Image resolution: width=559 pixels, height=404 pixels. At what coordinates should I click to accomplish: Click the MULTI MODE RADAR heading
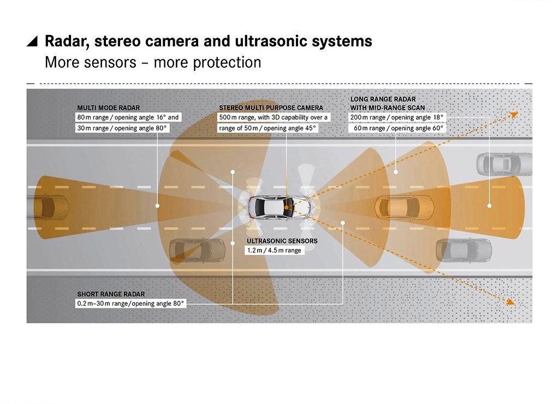click(109, 108)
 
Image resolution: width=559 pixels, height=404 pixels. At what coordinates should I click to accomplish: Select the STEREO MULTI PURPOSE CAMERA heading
click(271, 108)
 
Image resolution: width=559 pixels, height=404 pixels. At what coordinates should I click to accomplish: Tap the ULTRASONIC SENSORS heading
click(282, 241)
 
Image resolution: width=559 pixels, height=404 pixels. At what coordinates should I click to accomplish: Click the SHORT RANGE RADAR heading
click(111, 294)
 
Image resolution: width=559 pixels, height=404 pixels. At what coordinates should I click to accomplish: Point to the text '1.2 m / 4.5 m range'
click(274, 250)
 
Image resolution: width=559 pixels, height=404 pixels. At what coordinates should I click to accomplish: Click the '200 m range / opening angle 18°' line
click(397, 117)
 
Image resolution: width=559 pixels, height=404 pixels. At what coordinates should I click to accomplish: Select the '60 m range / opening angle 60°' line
click(399, 128)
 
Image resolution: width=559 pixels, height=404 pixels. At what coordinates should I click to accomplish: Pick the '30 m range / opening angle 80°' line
click(122, 128)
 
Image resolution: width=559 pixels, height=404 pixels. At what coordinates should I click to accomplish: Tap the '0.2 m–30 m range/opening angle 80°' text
click(130, 304)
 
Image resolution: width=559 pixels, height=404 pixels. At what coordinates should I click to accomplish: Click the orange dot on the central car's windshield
click(286, 207)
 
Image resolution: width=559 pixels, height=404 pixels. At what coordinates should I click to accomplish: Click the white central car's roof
click(273, 207)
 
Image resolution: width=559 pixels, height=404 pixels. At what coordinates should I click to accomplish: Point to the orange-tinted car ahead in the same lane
click(404, 207)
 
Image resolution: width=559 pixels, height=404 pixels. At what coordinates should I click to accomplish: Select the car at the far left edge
click(47, 207)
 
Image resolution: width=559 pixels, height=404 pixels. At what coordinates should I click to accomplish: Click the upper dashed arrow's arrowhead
click(514, 115)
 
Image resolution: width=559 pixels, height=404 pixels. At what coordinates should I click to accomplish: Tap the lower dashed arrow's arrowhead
click(511, 302)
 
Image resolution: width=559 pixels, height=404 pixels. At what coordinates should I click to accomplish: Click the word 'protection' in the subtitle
click(227, 63)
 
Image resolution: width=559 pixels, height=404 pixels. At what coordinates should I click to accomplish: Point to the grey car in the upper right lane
click(504, 164)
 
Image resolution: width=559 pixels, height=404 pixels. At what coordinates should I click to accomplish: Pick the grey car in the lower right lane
click(464, 251)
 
